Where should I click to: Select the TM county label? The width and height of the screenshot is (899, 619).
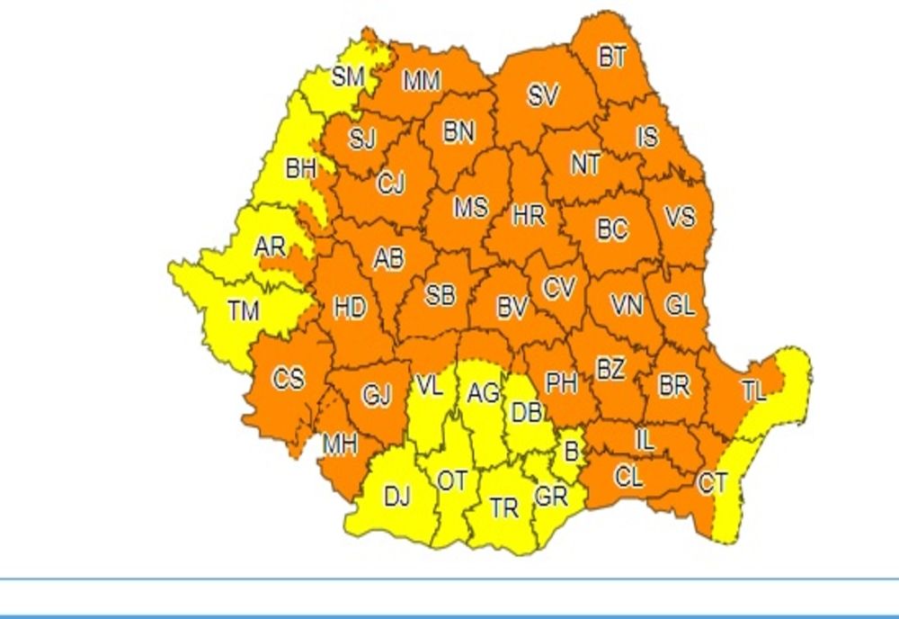tap(243, 312)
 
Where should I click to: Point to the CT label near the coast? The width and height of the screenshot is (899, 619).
tap(712, 483)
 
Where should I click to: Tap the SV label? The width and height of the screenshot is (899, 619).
tap(542, 95)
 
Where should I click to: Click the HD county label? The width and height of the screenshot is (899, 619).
tap(350, 309)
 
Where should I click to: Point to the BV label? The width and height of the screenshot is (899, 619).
tap(512, 309)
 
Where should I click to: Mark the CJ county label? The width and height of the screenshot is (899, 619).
tap(391, 184)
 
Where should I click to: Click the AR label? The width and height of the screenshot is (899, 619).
tap(270, 247)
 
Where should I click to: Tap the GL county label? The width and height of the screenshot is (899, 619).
tap(680, 306)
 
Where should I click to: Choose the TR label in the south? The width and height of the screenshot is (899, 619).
tap(504, 508)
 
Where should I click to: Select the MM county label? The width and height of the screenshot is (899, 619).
tap(421, 82)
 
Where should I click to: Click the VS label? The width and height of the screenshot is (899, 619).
tap(680, 217)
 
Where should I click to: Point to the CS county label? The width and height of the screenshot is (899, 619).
tap(289, 380)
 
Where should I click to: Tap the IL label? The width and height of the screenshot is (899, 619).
tap(644, 440)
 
